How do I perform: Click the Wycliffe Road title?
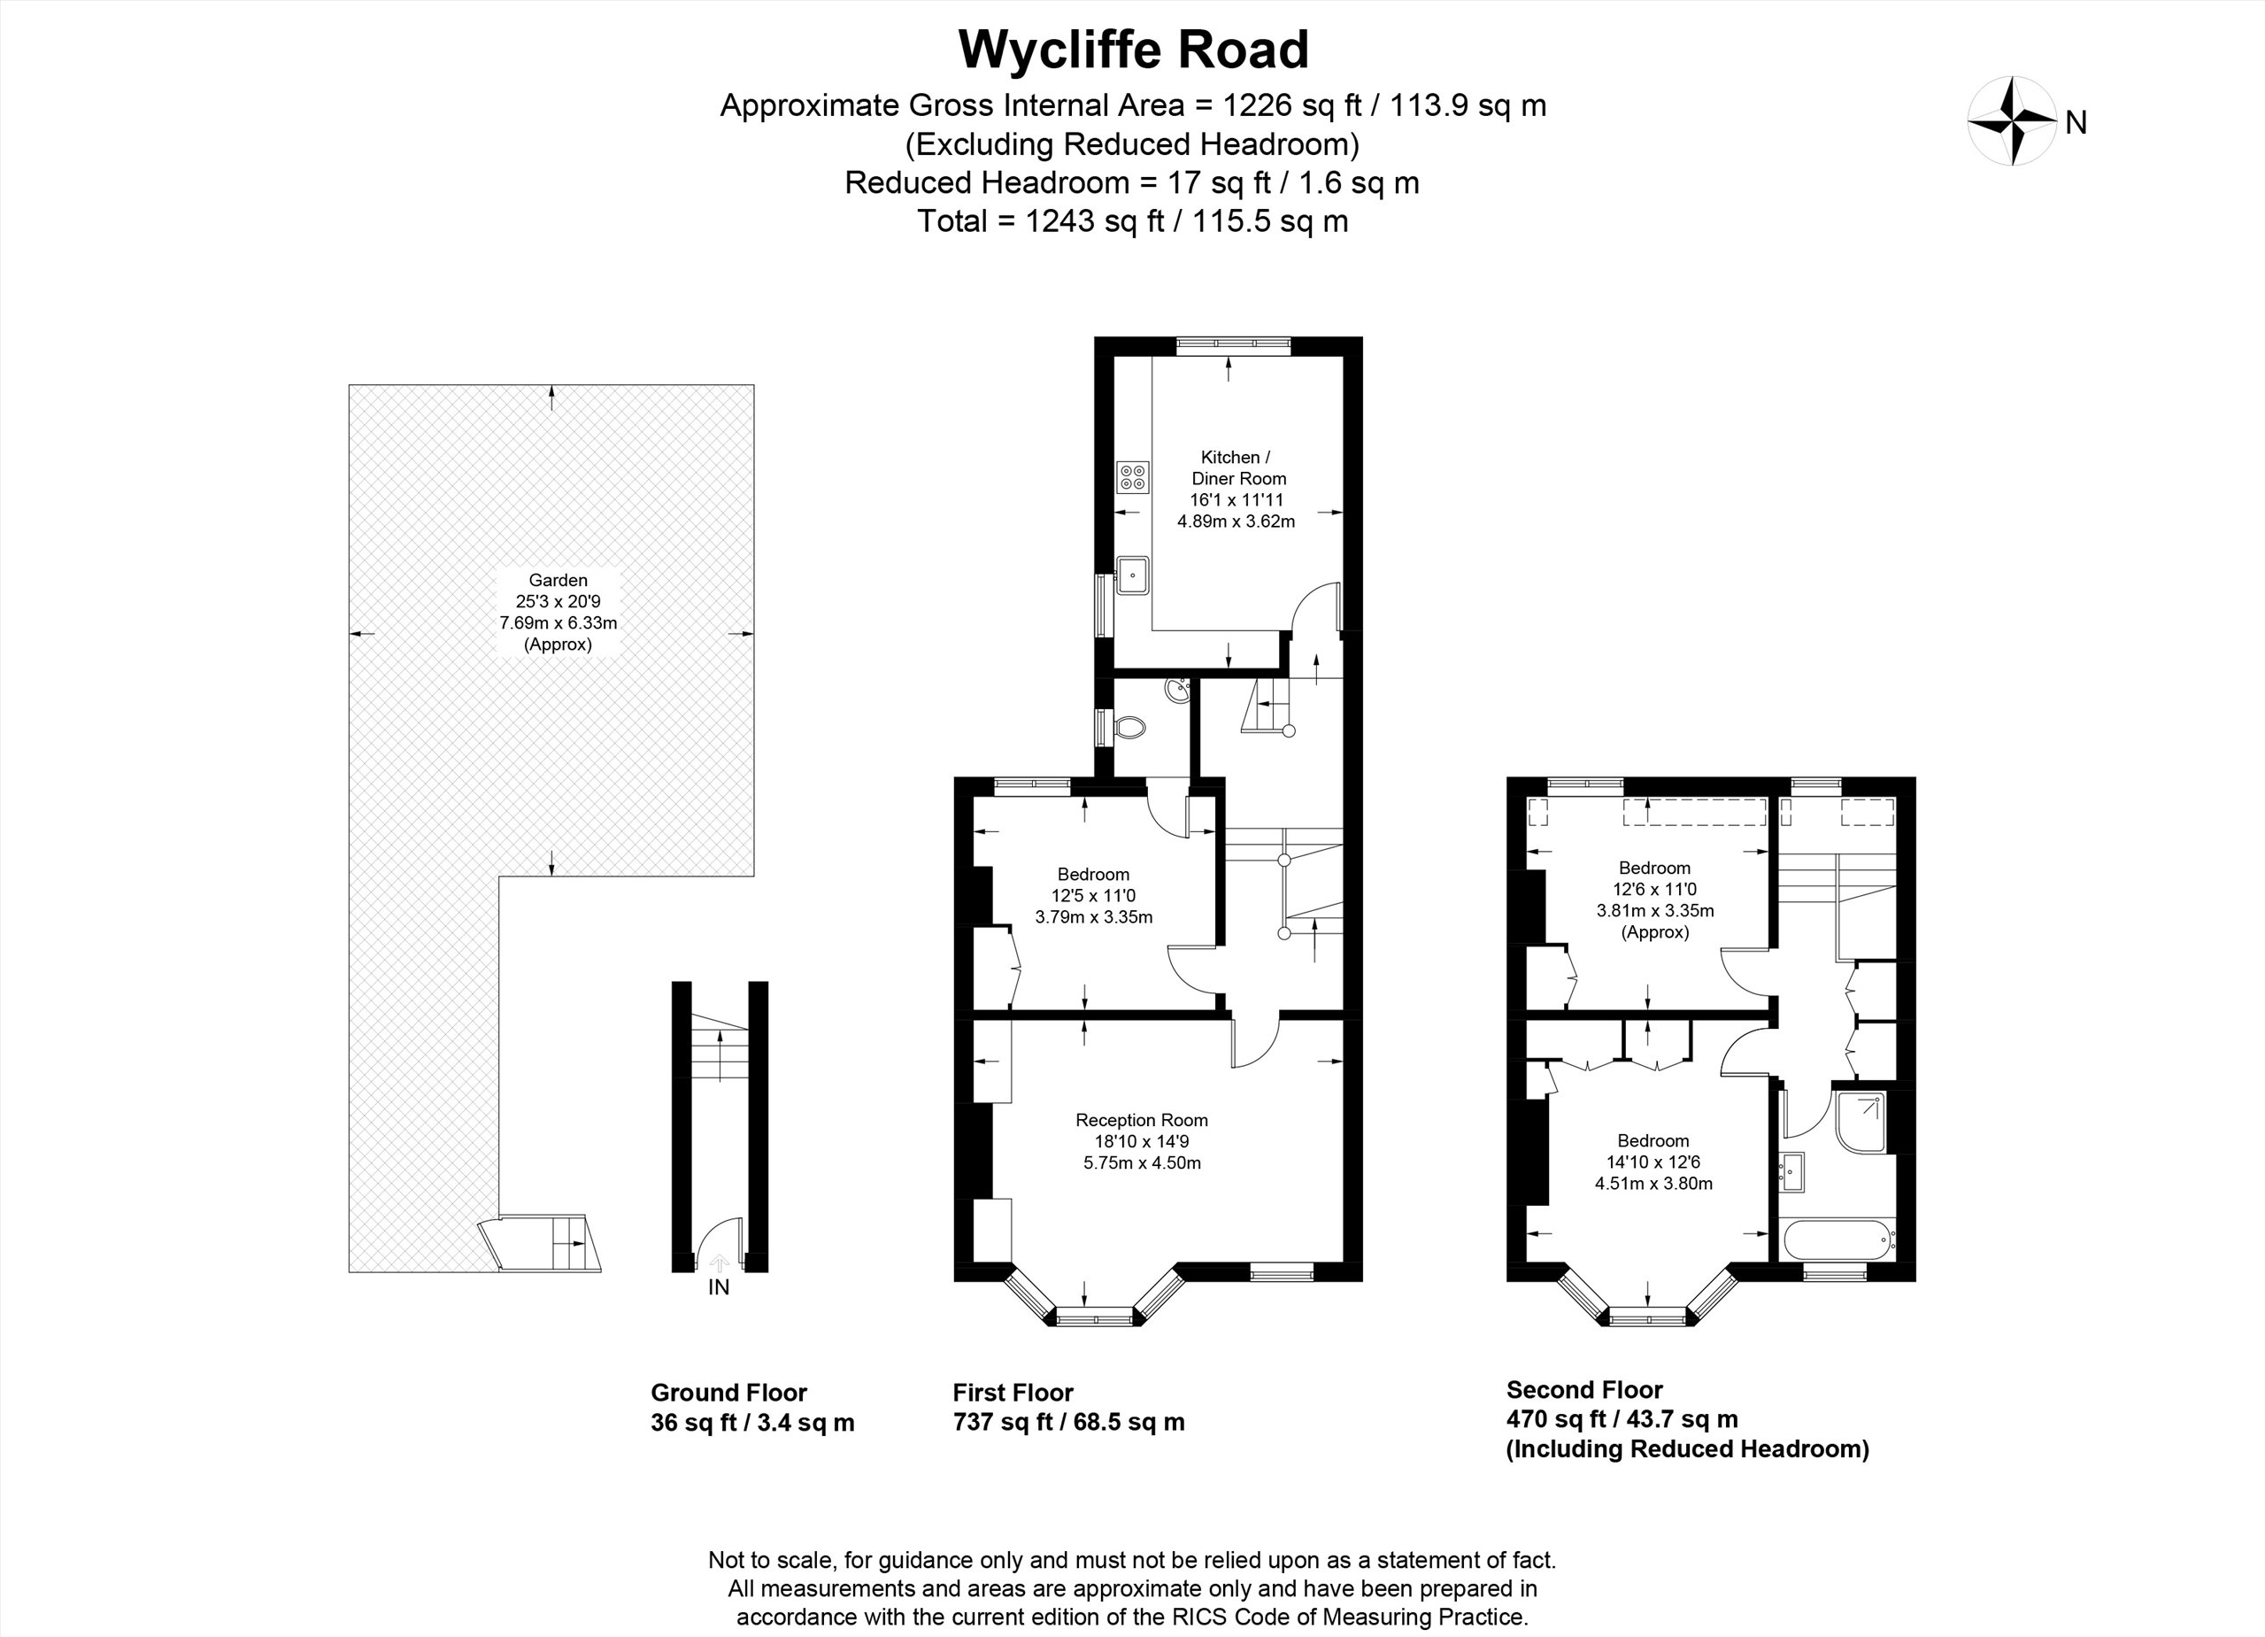coord(1134,50)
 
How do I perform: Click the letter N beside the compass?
coord(2076,123)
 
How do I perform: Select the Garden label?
coord(559,580)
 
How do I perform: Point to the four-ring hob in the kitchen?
coord(1134,477)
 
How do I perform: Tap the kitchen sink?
coord(1134,575)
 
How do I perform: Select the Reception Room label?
coord(1142,1121)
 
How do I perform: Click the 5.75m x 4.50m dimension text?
coord(1142,1163)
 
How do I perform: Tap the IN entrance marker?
coord(719,1287)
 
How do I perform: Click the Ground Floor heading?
coord(728,1393)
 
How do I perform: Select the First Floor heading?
coord(1013,1393)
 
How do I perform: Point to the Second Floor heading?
coord(1583,1389)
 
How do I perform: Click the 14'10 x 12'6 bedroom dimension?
coord(1653,1162)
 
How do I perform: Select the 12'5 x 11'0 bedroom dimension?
coord(1093,896)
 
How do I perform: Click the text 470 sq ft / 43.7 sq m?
coord(1622,1418)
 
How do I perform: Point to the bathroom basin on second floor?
coord(1791,1171)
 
